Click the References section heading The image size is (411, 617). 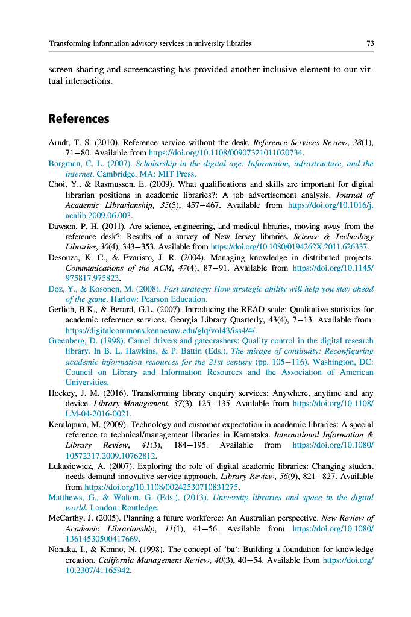78,119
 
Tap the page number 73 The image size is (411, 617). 370,43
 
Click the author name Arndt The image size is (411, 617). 60,143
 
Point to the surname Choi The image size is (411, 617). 57,184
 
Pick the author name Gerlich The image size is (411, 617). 63,310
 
